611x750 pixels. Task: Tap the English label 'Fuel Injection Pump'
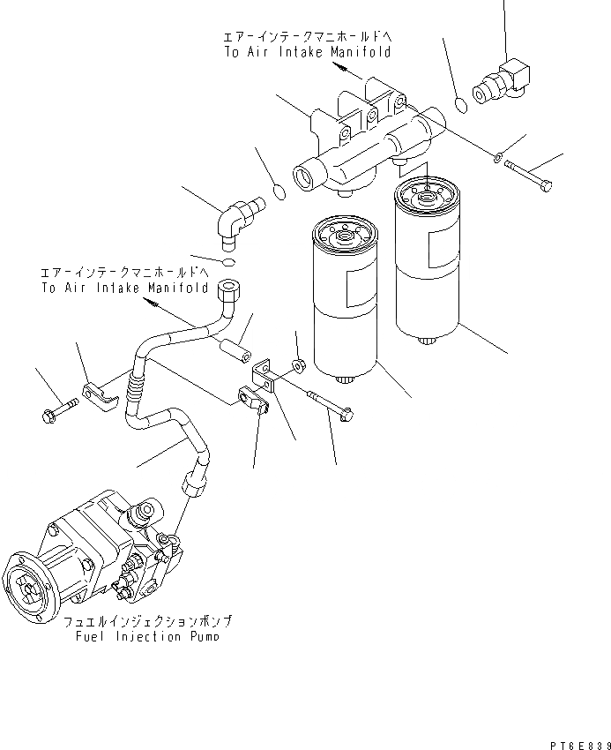(148, 635)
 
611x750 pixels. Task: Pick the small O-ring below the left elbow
(228, 263)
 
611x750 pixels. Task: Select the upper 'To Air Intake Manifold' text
(306, 52)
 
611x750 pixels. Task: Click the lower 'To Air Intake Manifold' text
(124, 288)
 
